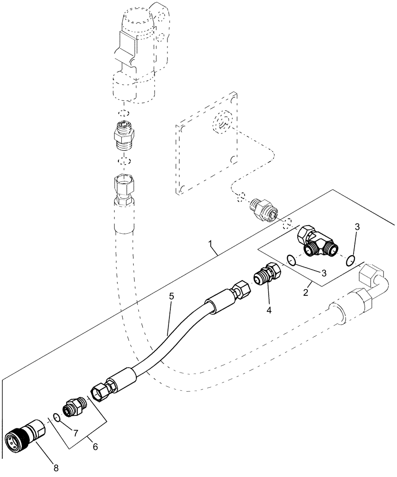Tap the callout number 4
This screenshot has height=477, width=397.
[269, 311]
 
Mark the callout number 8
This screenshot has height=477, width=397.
[56, 468]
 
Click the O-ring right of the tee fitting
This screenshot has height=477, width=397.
[350, 259]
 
